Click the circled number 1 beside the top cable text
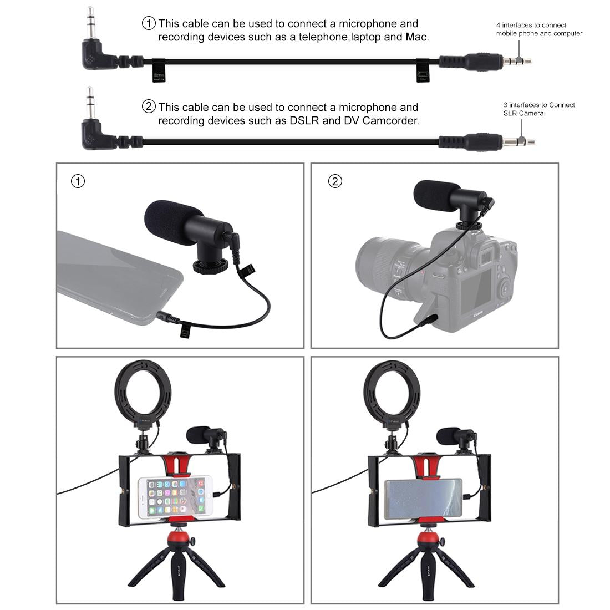149,23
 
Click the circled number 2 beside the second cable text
149,106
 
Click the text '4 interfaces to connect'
531,25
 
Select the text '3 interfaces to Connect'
539,105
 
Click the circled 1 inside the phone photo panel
78,181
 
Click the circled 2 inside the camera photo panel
335,181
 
